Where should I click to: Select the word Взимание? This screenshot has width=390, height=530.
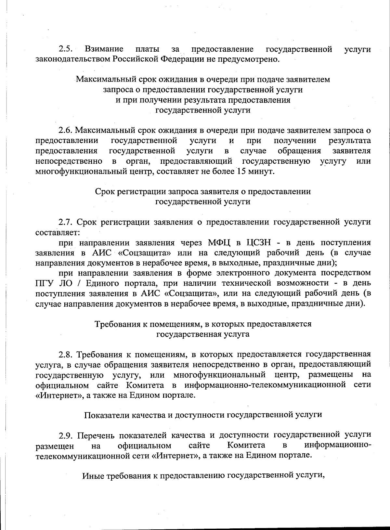(104, 49)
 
